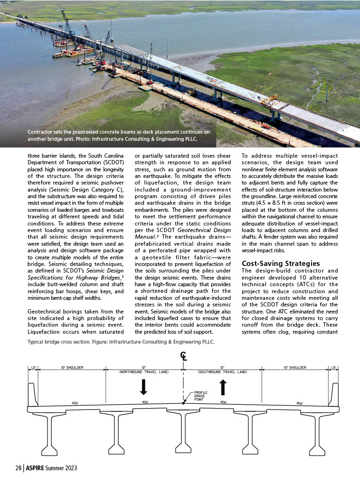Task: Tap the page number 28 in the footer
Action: click(x=18, y=468)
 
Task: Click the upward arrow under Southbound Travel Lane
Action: click(x=223, y=387)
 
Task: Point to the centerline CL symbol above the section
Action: click(x=183, y=356)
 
